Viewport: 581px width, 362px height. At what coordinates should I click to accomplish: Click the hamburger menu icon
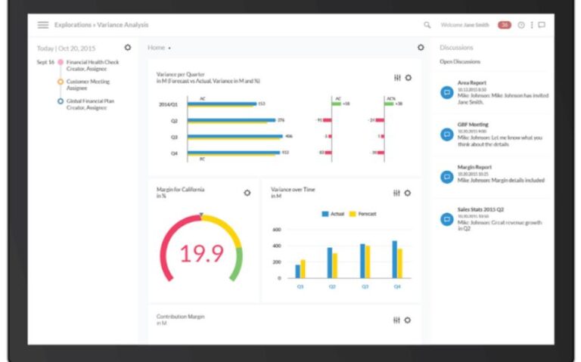(x=43, y=25)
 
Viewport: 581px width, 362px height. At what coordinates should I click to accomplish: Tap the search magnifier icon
(x=427, y=25)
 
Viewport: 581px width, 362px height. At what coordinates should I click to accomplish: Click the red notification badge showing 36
(x=504, y=25)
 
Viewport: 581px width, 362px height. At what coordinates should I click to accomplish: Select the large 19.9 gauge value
(x=201, y=253)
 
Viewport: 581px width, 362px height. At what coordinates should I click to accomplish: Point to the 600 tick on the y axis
(x=276, y=229)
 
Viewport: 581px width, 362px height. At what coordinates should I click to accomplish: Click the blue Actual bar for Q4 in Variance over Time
(x=394, y=259)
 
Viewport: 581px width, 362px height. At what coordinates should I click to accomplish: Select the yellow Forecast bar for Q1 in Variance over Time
(x=303, y=269)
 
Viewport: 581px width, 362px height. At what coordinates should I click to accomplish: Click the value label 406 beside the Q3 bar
(x=288, y=136)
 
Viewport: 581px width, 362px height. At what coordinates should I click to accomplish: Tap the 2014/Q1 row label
(x=167, y=104)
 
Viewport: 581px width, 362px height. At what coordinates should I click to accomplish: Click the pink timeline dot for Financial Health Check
(x=61, y=62)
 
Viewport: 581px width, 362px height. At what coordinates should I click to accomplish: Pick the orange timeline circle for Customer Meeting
(x=61, y=82)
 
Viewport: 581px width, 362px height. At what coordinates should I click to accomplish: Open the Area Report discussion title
(x=473, y=83)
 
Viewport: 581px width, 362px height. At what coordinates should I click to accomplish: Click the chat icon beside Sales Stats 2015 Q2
(x=447, y=218)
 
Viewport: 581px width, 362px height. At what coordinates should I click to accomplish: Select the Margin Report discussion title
(x=475, y=167)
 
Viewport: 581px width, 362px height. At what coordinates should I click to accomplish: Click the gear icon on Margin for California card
(x=247, y=193)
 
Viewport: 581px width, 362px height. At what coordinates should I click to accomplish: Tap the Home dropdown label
(x=157, y=48)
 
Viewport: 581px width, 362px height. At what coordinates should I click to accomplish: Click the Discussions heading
(x=456, y=48)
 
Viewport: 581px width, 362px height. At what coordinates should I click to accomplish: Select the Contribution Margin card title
(x=180, y=317)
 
